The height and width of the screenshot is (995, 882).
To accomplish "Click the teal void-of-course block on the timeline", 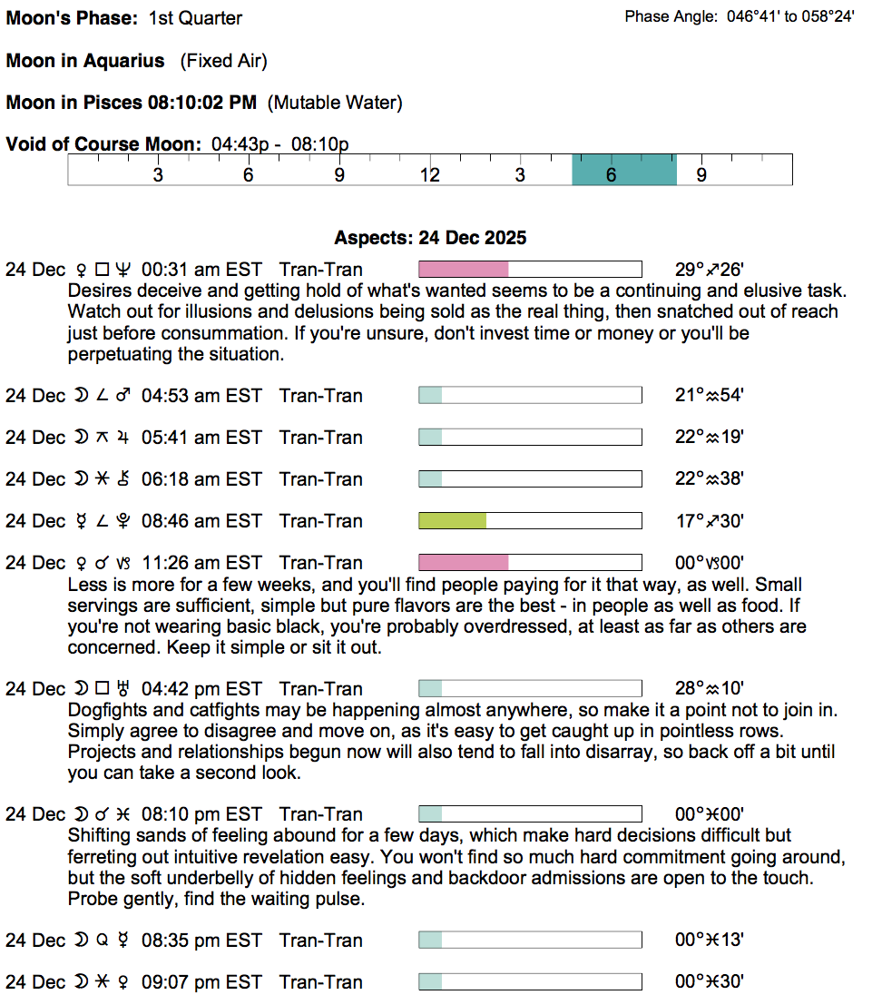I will tap(623, 170).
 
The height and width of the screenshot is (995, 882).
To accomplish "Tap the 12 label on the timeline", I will tap(429, 175).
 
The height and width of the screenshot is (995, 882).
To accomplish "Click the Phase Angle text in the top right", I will tap(739, 16).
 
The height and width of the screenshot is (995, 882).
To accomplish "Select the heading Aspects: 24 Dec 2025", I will tap(430, 239).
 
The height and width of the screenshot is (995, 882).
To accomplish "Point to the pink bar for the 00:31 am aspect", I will tap(463, 270).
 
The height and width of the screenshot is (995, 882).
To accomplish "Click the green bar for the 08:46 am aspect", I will tap(452, 521).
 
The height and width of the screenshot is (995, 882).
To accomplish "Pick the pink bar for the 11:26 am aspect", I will tap(463, 563).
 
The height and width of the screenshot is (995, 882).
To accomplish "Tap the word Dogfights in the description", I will tap(104, 710).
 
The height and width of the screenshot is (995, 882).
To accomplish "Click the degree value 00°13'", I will tap(710, 941).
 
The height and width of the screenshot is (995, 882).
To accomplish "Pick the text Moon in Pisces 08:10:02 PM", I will tap(132, 103).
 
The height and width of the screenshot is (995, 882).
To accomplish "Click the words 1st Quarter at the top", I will tap(195, 18).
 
